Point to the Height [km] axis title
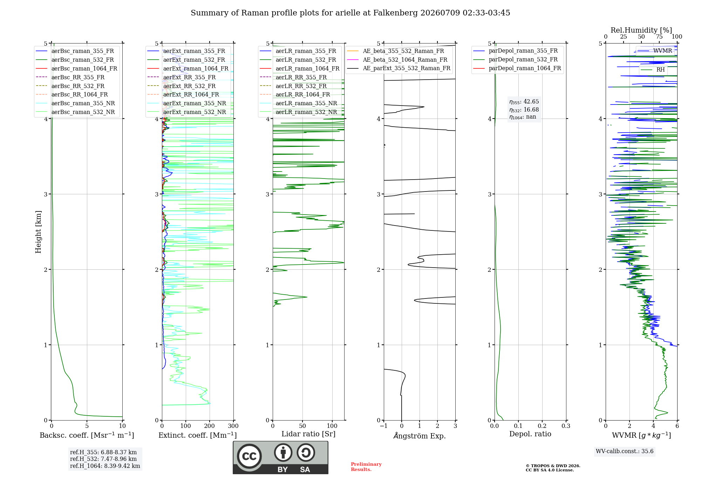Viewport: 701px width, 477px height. coord(38,232)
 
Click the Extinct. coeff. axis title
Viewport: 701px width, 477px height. coord(198,435)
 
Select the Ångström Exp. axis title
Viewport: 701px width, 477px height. coord(420,436)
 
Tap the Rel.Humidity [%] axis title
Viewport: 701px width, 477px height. coord(641,30)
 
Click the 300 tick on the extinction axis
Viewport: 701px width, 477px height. coord(233,426)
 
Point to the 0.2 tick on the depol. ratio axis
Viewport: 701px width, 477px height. coord(542,426)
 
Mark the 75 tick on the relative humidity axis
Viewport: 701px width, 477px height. coord(659,36)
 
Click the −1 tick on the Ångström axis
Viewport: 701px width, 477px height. coord(383,426)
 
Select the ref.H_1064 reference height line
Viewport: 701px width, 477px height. coord(105,466)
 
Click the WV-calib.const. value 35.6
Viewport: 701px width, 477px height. coord(647,451)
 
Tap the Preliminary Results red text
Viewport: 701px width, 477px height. coord(366,467)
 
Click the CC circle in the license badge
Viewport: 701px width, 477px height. coord(249,456)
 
